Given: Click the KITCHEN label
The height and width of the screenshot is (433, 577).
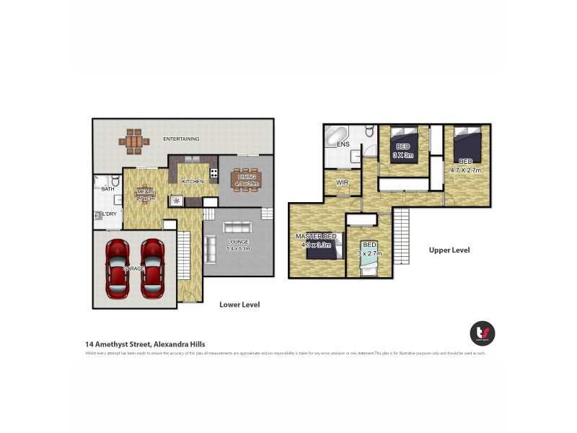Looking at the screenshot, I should tap(192, 181).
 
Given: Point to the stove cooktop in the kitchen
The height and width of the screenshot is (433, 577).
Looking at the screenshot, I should tap(214, 173).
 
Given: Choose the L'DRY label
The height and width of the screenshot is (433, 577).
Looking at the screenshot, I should tap(109, 214).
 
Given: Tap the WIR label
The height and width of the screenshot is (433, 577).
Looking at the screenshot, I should tap(342, 183).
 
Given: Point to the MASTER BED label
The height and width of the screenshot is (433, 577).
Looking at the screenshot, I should tap(315, 236).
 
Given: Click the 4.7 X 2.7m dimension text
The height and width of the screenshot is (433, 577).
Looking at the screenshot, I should tap(465, 170).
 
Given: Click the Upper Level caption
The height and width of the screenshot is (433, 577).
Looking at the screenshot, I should tap(449, 250).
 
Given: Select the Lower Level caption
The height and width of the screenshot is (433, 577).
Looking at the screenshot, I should tap(239, 305).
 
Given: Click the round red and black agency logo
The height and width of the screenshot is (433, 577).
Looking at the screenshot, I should tap(483, 333).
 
